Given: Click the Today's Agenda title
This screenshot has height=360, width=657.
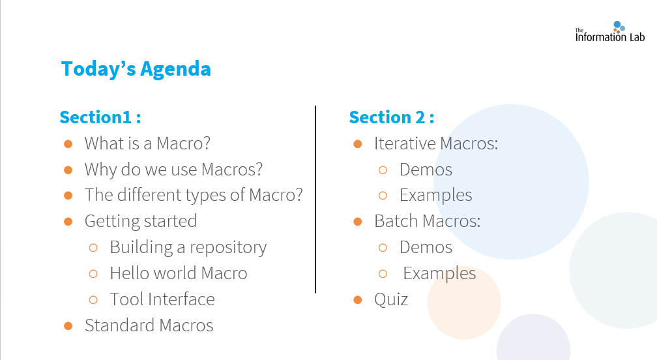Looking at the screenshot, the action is pyautogui.click(x=136, y=69).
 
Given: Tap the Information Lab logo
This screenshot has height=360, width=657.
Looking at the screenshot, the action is pyautogui.click(x=609, y=32).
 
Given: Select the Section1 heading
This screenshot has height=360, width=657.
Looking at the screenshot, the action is pyautogui.click(x=100, y=117).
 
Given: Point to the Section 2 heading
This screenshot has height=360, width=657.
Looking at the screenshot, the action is pyautogui.click(x=391, y=117).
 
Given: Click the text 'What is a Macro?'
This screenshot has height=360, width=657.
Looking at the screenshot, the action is pyautogui.click(x=147, y=143).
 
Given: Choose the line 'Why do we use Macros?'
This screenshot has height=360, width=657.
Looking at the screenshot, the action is pyautogui.click(x=173, y=170).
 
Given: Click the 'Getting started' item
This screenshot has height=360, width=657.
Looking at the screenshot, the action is pyautogui.click(x=141, y=221).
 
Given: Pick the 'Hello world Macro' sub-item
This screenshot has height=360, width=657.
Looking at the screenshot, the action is pyautogui.click(x=179, y=273).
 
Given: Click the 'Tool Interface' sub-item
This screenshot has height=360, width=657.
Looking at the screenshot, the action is pyautogui.click(x=162, y=299).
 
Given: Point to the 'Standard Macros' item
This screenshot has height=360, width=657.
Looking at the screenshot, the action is pyautogui.click(x=149, y=325).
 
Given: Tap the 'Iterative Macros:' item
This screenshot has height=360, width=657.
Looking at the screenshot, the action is pyautogui.click(x=436, y=143).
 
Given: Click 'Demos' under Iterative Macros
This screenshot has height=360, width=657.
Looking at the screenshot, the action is pyautogui.click(x=426, y=170).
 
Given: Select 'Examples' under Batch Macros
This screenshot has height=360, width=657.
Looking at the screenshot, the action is pyautogui.click(x=439, y=274).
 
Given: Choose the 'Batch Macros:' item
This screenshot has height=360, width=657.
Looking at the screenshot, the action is pyautogui.click(x=428, y=221).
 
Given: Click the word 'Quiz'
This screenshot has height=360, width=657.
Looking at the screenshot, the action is pyautogui.click(x=391, y=299).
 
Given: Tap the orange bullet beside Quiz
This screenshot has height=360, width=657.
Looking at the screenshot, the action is pyautogui.click(x=357, y=299).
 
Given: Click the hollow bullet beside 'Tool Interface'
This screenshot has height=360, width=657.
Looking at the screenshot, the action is pyautogui.click(x=93, y=299).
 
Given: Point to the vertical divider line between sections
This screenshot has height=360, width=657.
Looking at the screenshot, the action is pyautogui.click(x=315, y=200).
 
